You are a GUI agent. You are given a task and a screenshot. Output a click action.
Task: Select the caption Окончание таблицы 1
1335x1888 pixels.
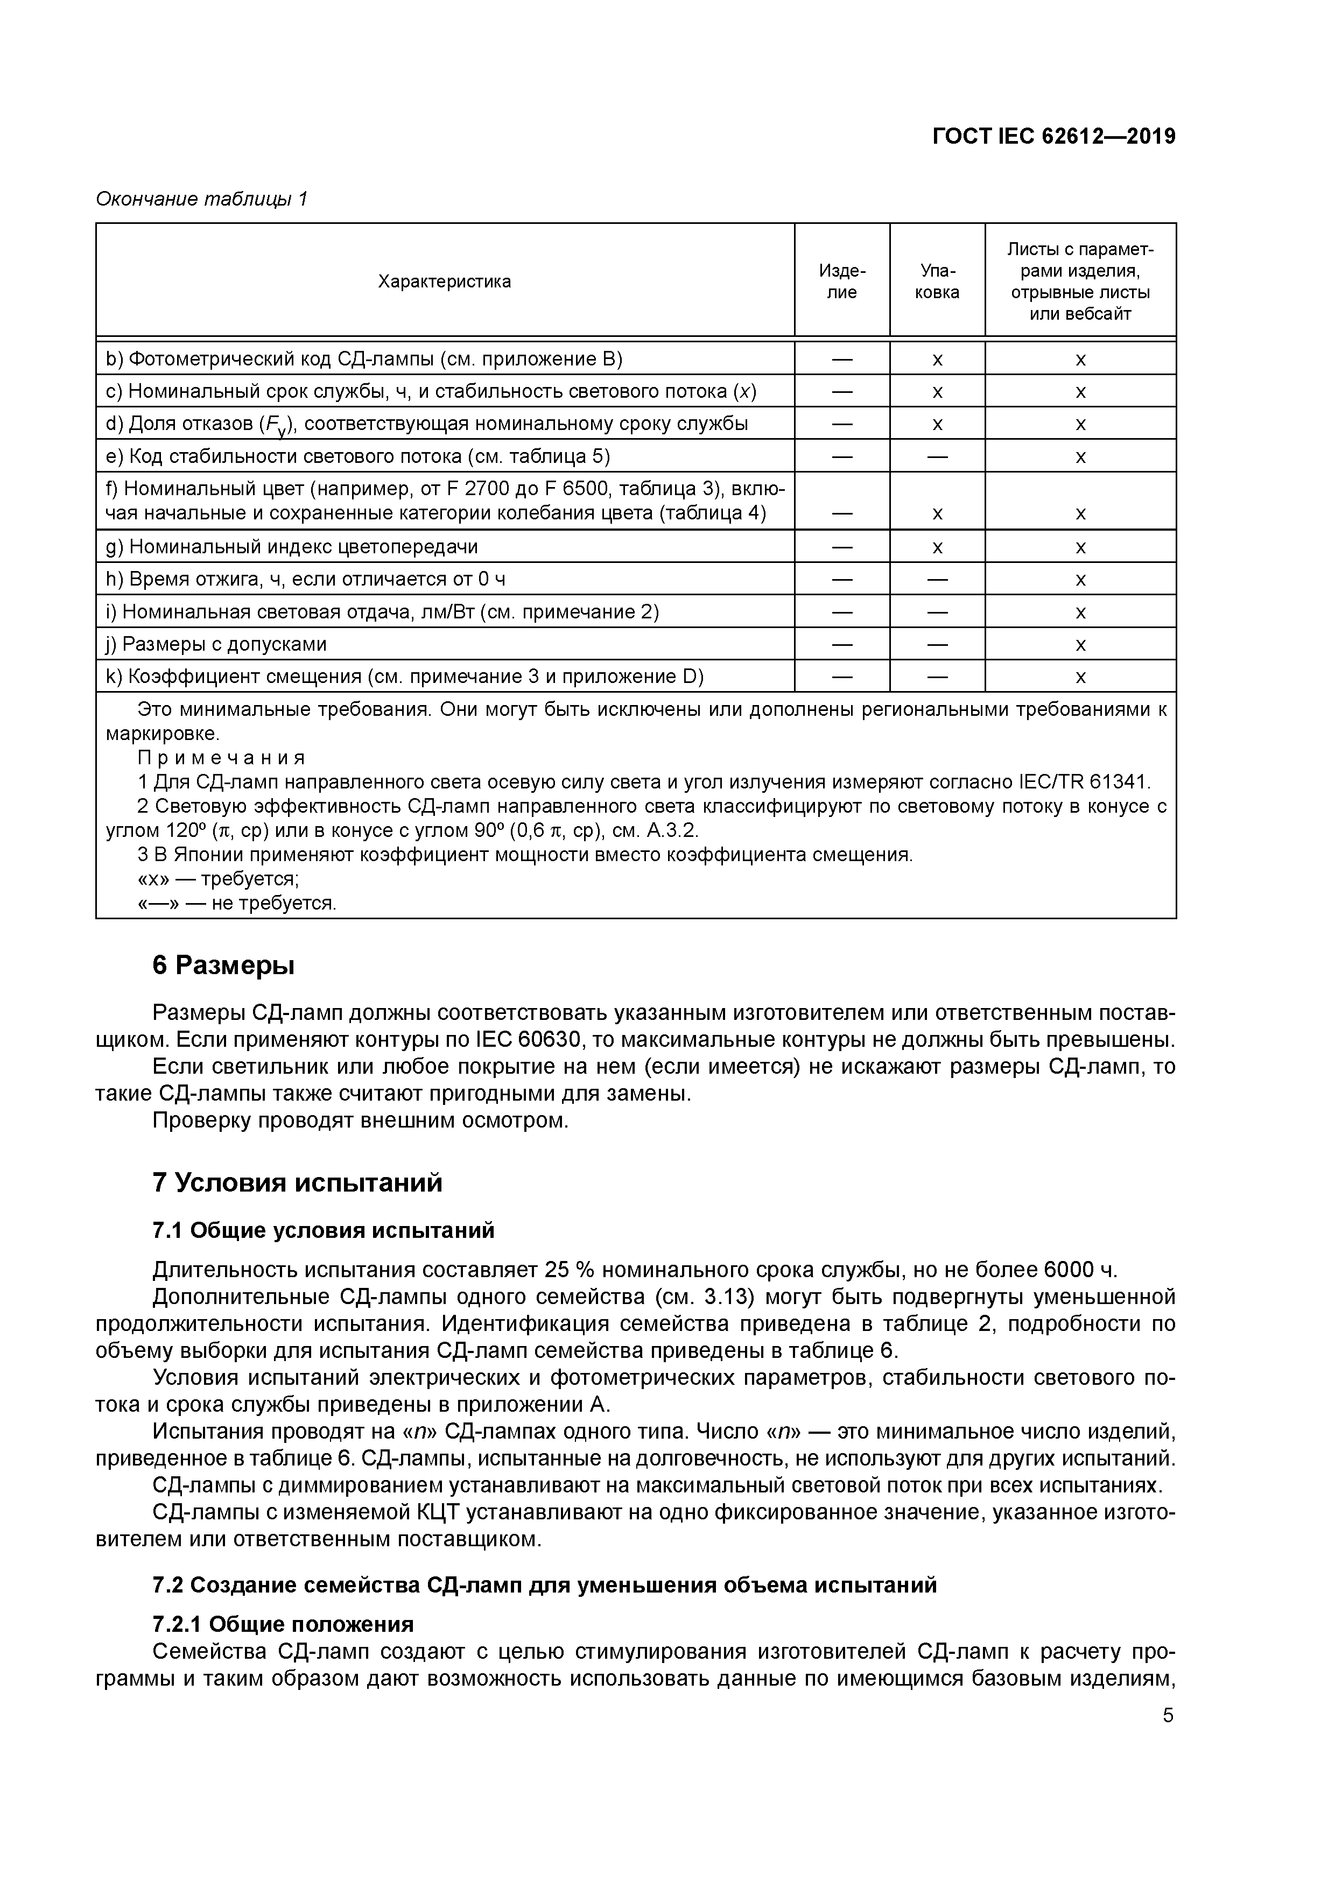pos(201,199)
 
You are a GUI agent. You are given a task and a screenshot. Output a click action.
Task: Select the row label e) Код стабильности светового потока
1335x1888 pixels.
pos(358,456)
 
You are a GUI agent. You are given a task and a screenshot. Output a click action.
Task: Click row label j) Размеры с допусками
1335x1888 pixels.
pos(215,644)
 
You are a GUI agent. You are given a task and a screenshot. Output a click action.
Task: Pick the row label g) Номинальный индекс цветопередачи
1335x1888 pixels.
pos(292,547)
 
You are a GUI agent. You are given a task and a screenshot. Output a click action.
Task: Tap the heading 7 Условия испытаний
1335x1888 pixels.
pos(297,1182)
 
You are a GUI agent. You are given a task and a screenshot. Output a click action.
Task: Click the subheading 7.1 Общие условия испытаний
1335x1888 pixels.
pos(324,1230)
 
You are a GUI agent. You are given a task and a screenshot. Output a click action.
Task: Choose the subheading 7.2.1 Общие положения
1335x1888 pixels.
pos(283,1624)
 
